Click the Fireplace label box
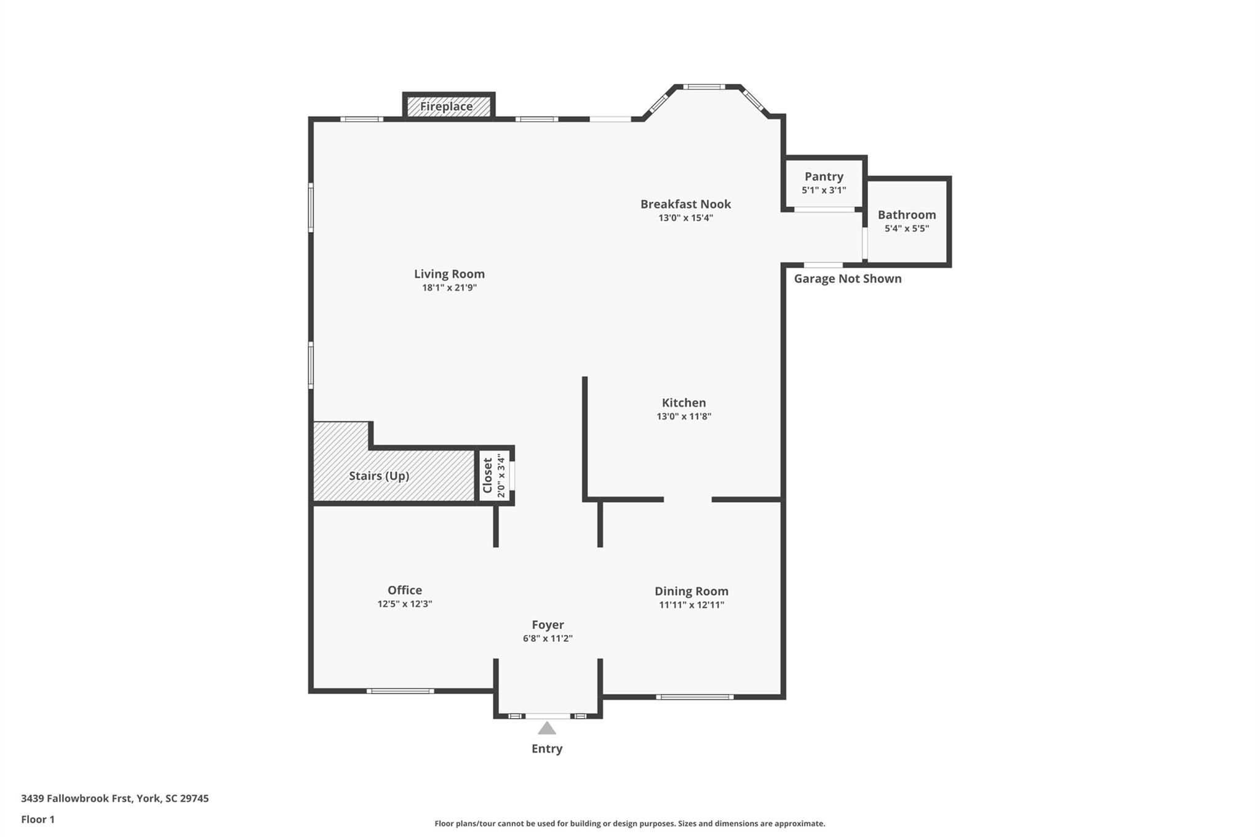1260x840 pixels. tap(447, 106)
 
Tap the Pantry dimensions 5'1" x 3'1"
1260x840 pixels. tap(823, 190)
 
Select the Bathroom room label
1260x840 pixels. tap(906, 215)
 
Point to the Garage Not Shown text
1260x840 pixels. tap(847, 279)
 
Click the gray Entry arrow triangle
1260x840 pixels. tap(547, 729)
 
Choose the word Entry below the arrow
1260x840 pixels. tap(547, 748)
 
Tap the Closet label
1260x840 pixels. tap(488, 475)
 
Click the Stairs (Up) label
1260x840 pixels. tap(379, 476)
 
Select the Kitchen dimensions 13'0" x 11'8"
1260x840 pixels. tap(684, 417)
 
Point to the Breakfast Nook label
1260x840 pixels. tap(685, 204)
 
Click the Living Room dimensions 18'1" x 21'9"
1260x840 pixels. tap(449, 287)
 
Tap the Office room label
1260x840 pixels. tap(404, 590)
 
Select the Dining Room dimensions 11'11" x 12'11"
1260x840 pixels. tap(691, 605)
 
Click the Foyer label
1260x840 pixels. tap(548, 625)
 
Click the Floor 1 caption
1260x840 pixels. tap(38, 819)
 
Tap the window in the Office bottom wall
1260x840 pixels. tap(400, 691)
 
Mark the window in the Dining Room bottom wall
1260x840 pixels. tap(695, 697)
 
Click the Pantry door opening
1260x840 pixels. tap(824, 210)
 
